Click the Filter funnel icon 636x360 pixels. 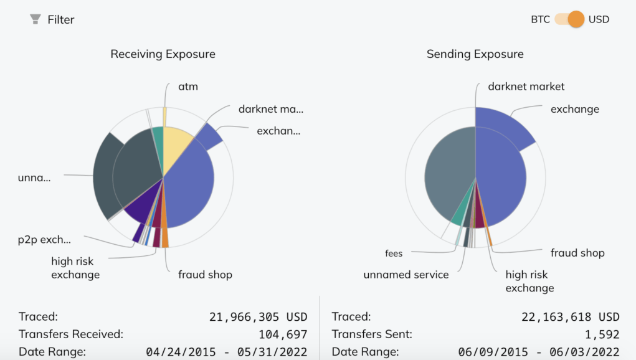pos(36,19)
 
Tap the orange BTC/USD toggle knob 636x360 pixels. pos(576,19)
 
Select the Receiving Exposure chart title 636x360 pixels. pos(163,54)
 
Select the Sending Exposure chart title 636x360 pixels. pos(475,54)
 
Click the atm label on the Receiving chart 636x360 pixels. pos(187,87)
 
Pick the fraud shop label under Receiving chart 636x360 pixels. pos(205,275)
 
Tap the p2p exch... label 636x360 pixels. pos(44,240)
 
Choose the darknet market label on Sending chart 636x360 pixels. pos(526,87)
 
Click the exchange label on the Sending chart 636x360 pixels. pos(574,109)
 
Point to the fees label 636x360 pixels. pos(393,253)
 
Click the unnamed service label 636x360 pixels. pos(406,275)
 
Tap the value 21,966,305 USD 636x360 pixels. pos(258,317)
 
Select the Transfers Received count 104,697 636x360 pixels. pos(283,334)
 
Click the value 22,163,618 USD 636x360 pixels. pos(570,317)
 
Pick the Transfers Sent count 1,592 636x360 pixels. pos(602,334)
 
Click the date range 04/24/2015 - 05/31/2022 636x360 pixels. pos(226,352)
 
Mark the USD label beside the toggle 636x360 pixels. pos(599,19)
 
